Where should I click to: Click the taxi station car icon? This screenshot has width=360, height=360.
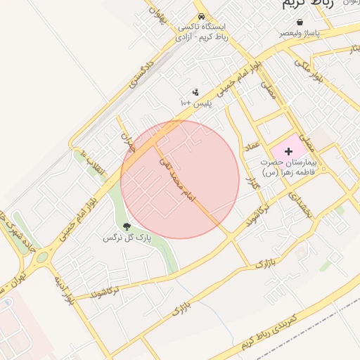(202, 15)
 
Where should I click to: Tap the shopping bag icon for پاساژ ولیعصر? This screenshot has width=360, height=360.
(301, 22)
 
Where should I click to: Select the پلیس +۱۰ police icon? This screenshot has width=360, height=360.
(195, 92)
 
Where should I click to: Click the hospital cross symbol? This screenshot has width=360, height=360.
(288, 151)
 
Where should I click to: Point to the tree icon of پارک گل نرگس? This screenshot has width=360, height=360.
(127, 226)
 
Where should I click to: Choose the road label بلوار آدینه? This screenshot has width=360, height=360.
(62, 289)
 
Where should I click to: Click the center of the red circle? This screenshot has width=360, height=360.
(180, 179)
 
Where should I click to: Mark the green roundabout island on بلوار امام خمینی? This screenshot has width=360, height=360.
(42, 257)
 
